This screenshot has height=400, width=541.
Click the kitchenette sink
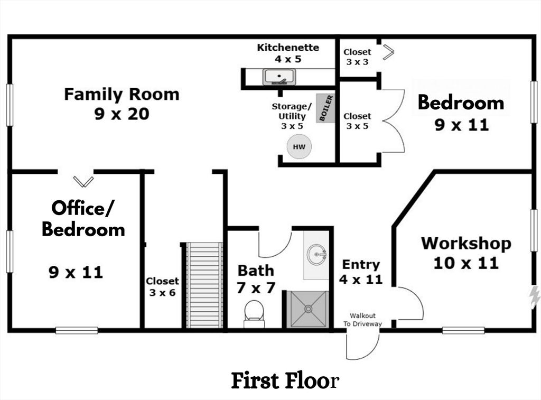279,77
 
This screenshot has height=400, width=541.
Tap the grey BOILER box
325,108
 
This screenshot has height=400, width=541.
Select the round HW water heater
299,147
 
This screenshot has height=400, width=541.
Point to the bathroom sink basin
318,255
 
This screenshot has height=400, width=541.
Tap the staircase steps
204,285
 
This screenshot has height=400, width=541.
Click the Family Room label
122,95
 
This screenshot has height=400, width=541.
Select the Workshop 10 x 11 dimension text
466,263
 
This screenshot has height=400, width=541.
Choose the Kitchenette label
288,48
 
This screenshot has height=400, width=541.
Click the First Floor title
284,380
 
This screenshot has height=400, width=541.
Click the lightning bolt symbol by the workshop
535,297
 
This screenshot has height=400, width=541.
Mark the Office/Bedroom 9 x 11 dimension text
76,273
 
